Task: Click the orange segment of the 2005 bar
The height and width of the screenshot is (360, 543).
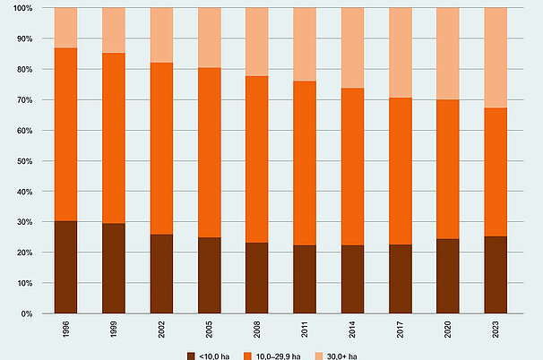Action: pyautogui.click(x=209, y=152)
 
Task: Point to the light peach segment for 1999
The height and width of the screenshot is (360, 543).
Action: pyautogui.click(x=114, y=30)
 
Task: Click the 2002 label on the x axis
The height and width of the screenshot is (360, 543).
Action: pyautogui.click(x=161, y=332)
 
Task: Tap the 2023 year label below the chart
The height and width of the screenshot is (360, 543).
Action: pyautogui.click(x=495, y=332)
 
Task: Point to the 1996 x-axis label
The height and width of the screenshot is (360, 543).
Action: pyautogui.click(x=65, y=332)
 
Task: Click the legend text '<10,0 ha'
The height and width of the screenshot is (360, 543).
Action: pyautogui.click(x=214, y=356)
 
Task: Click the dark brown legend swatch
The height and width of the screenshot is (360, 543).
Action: pyautogui.click(x=191, y=356)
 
